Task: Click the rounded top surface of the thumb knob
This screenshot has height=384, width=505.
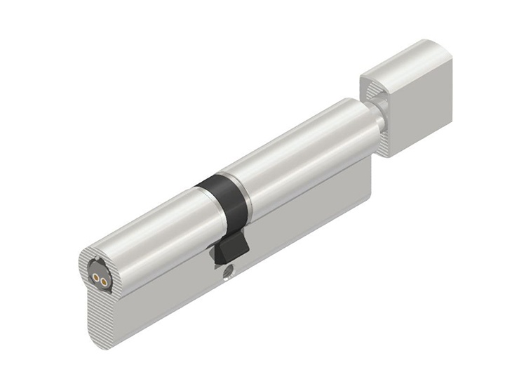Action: pyautogui.click(x=400, y=60)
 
